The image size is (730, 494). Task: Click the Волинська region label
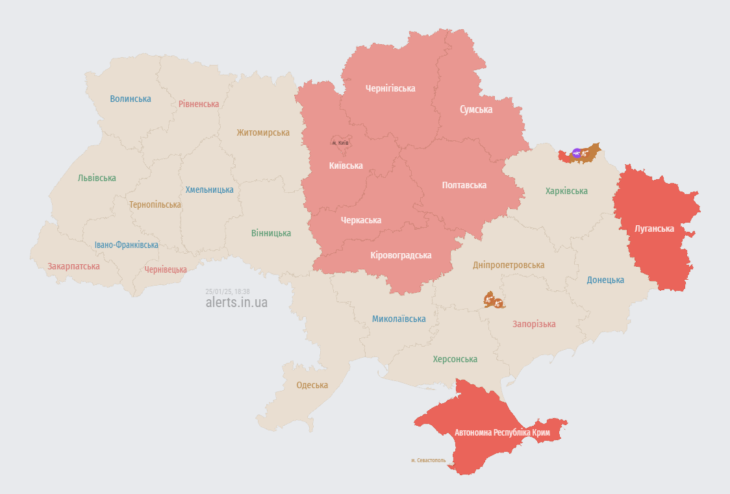tap(131, 99)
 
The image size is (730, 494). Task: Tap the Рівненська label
tap(199, 104)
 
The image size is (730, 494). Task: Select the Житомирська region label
tap(263, 132)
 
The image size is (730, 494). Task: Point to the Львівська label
tap(97, 178)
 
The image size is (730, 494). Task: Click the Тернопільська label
tap(155, 204)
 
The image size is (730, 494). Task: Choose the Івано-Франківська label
tap(126, 245)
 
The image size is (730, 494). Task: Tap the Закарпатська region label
tap(73, 266)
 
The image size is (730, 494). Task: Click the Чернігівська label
tap(390, 88)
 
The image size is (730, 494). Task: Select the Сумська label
tap(476, 110)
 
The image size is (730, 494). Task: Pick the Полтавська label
tap(464, 185)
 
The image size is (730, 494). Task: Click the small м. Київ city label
tap(340, 143)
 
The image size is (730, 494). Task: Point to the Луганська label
tap(654, 228)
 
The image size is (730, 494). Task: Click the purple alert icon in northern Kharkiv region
tap(576, 154)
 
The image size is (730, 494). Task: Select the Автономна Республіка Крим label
tap(503, 432)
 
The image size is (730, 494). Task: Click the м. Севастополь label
tap(428, 460)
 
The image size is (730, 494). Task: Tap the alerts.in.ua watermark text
tap(236, 302)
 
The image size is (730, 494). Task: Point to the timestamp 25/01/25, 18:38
tap(227, 291)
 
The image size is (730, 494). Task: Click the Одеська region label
tap(312, 385)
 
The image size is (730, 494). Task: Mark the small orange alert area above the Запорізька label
tap(494, 301)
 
